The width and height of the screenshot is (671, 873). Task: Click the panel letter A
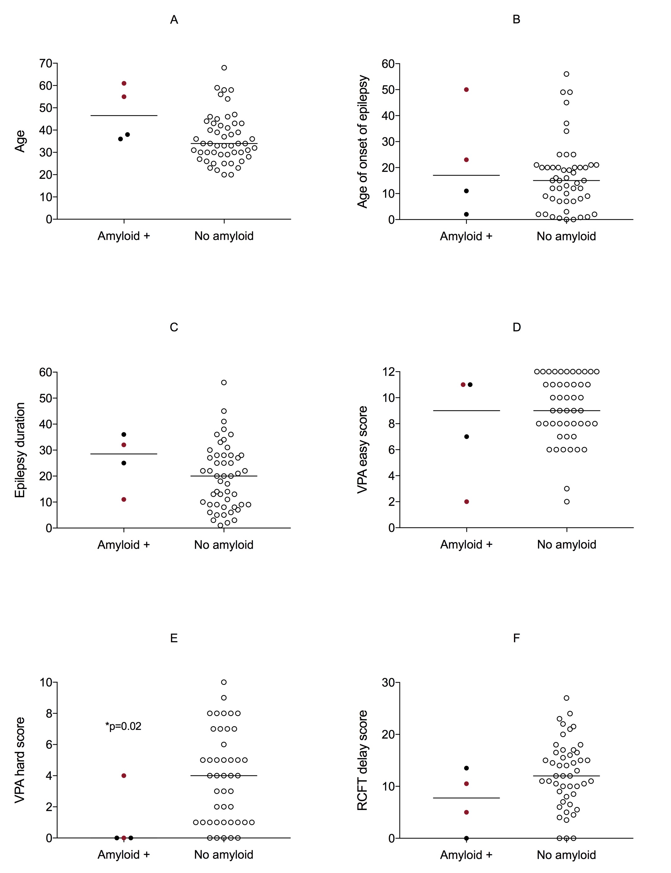(174, 20)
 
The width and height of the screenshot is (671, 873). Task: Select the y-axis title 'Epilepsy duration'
(20, 450)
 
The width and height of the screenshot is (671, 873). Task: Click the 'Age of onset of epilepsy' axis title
(362, 142)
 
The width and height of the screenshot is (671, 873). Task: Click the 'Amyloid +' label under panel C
(123, 545)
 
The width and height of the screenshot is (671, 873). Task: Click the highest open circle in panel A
(224, 68)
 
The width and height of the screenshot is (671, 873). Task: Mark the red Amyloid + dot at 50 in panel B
(466, 89)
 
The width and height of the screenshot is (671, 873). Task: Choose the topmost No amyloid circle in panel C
(224, 382)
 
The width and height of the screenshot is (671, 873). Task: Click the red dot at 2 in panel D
(467, 502)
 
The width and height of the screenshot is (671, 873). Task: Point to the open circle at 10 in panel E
(224, 682)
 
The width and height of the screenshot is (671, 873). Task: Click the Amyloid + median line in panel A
(124, 115)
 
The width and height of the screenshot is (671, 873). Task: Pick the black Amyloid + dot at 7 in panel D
(467, 437)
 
